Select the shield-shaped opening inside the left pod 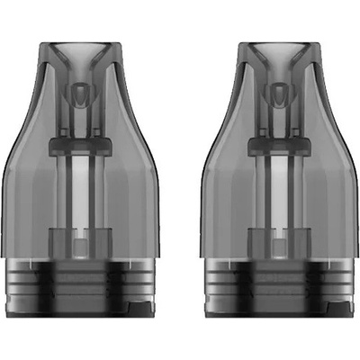tap(86, 94)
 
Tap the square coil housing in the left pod tap(86, 246)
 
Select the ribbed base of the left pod tap(86, 292)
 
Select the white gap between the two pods tap(179, 180)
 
